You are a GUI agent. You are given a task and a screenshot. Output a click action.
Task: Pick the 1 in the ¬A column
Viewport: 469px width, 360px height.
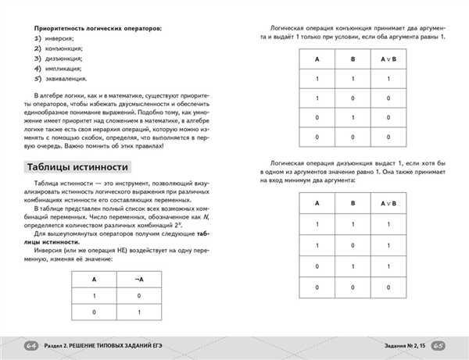(x=138, y=313)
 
